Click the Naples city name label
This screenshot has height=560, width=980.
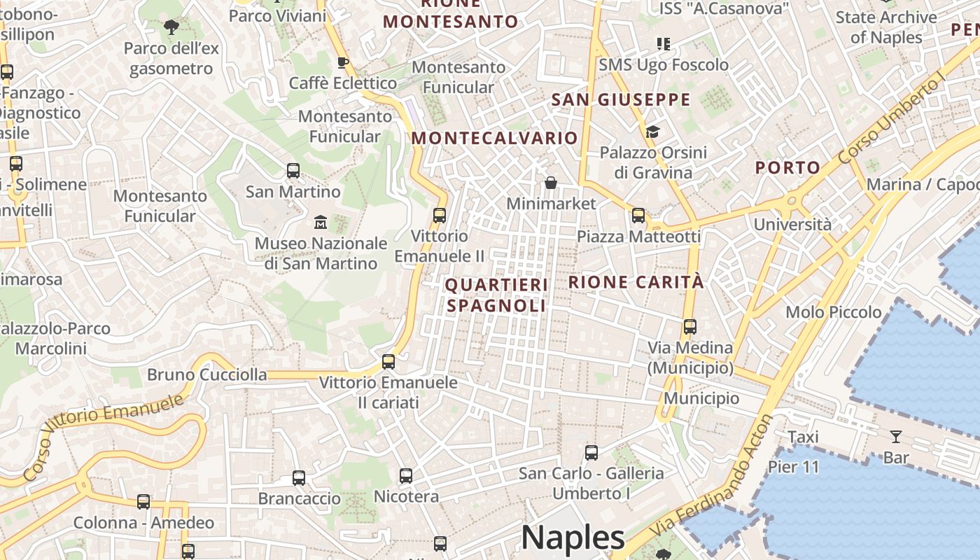point(573,538)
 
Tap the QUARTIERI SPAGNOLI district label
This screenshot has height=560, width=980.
point(496,295)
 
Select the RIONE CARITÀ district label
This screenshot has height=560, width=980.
point(636,282)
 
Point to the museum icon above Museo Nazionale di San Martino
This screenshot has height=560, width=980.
point(321,223)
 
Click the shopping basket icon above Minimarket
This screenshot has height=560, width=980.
point(551,183)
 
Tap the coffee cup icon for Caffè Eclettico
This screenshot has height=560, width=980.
point(343,63)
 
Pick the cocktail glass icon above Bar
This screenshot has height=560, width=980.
point(896,437)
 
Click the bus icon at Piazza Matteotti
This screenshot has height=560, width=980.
point(638,216)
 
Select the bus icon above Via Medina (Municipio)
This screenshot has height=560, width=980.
point(690,327)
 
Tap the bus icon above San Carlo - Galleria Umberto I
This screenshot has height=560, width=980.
point(591,453)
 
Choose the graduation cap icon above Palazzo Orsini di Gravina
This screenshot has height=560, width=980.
point(652,132)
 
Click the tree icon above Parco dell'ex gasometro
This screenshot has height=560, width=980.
point(171,27)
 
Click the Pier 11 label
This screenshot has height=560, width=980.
point(793,467)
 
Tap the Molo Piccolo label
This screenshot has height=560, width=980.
point(834,312)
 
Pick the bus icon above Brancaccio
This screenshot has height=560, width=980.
point(299,478)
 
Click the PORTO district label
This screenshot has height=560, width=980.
point(787,167)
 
